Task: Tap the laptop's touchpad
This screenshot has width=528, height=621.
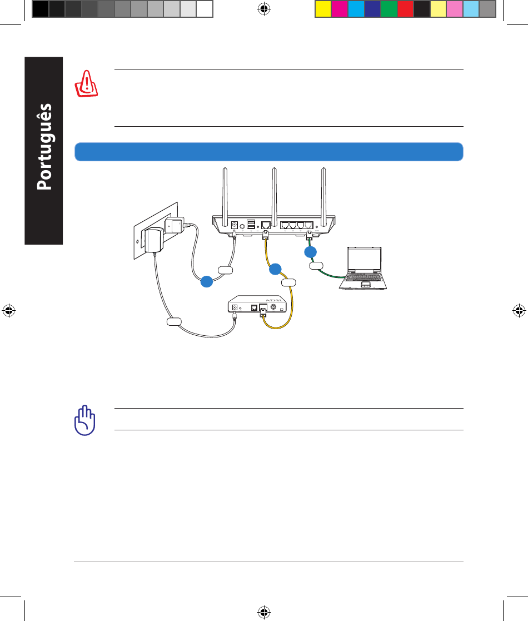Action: click(365, 285)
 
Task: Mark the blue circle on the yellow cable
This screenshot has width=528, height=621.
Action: click(275, 270)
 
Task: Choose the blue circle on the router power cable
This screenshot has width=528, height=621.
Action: click(206, 282)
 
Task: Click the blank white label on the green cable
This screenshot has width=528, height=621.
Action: click(316, 267)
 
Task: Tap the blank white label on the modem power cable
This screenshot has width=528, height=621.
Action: click(174, 321)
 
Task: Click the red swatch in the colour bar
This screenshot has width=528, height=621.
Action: click(405, 9)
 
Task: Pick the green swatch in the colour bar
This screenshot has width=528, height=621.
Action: click(388, 9)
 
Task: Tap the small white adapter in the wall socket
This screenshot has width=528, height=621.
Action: click(176, 226)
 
